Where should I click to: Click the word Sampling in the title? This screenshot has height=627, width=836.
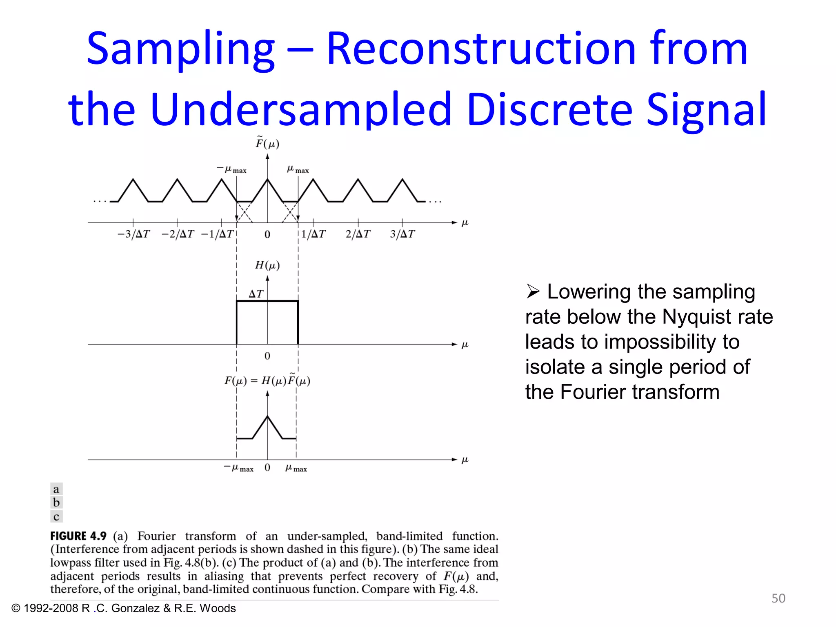[181, 50]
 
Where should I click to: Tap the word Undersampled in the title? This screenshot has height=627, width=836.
[301, 109]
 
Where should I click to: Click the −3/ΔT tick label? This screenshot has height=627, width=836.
[133, 234]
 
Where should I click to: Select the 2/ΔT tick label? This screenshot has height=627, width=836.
[358, 234]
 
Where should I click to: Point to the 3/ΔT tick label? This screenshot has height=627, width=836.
[402, 234]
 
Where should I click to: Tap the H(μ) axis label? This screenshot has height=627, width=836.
[267, 265]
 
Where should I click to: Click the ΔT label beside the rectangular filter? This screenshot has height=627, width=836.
[256, 293]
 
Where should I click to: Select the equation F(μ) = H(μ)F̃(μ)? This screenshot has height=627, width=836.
[267, 380]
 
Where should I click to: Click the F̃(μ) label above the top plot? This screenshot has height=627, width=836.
[267, 143]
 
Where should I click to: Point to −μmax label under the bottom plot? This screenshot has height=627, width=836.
[239, 468]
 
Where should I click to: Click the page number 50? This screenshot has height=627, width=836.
[778, 598]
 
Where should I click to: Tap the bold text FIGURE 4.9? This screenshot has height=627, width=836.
[78, 536]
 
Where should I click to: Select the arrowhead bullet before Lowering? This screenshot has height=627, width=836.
[533, 291]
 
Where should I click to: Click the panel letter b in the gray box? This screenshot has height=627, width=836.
[56, 502]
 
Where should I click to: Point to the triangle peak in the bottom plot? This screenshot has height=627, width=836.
[267, 416]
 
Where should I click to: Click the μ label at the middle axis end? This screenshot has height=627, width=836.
[465, 345]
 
